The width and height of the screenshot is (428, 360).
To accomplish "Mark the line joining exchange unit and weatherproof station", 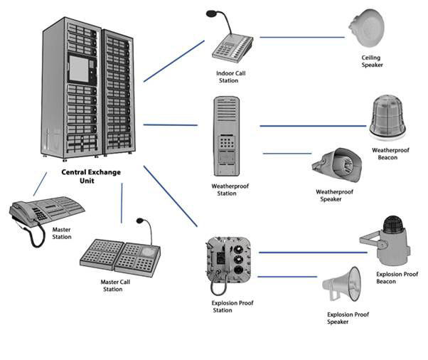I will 171,125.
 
